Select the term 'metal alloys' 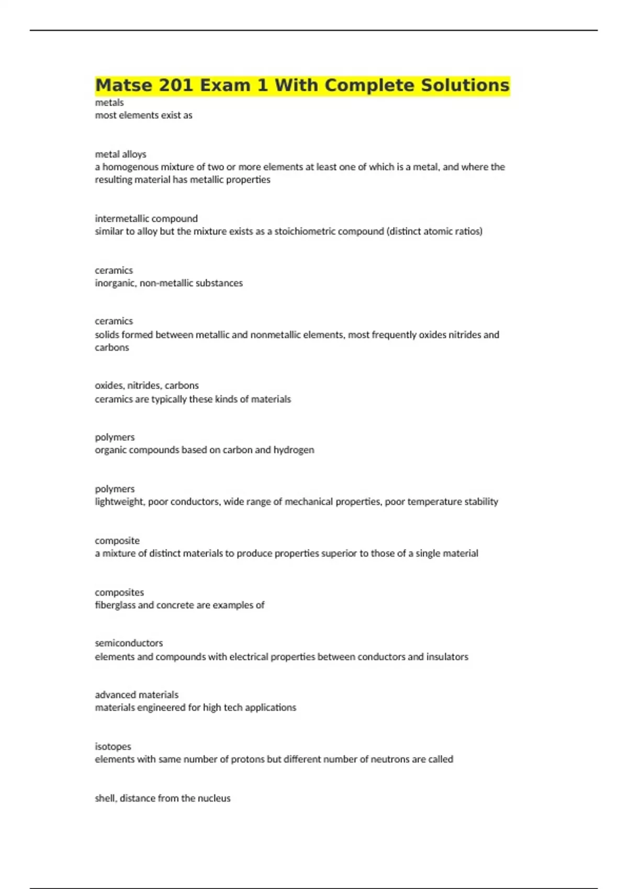coord(120,154)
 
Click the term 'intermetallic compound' coord(146,219)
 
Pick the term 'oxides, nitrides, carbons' coord(147,385)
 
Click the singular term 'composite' coord(117,541)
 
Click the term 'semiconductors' coord(129,643)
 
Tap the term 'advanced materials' coord(137,695)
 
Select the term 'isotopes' coord(113,747)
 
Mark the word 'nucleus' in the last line coord(213,799)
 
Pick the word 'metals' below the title coord(109,102)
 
